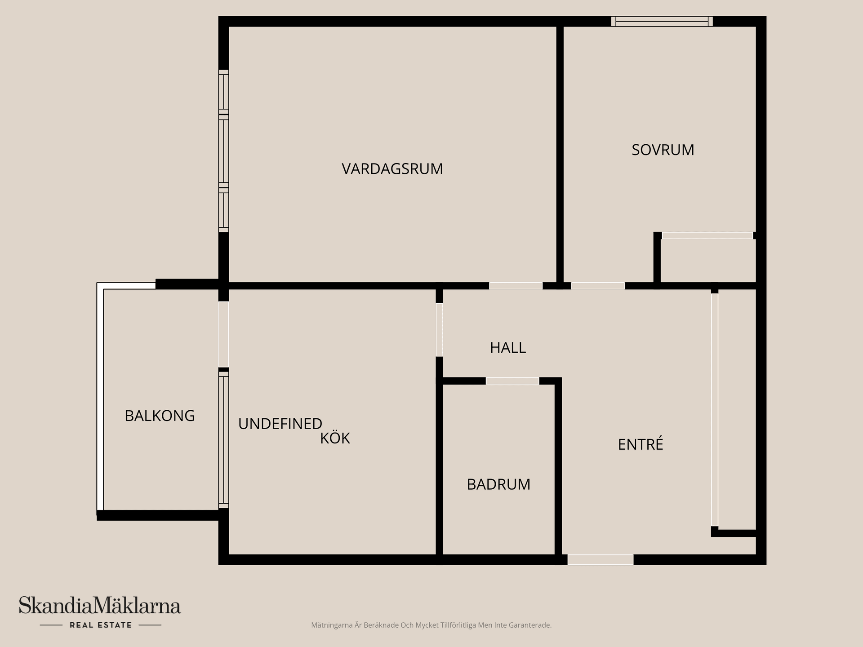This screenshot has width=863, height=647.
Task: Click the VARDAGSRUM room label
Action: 392,169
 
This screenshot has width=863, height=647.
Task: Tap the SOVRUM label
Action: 663,150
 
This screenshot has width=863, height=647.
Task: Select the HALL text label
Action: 507,348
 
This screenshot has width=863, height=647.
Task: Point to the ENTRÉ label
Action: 640,444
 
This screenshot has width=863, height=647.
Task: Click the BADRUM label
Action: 498,484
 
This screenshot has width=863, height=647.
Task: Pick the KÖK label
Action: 335,439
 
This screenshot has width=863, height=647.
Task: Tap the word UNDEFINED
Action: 280,424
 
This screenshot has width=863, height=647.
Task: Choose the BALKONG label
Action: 160,416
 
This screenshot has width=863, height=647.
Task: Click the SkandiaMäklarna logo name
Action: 100,605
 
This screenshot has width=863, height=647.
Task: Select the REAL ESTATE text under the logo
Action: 101,625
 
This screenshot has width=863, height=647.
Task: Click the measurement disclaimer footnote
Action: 431,625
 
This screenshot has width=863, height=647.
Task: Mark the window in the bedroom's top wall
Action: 662,21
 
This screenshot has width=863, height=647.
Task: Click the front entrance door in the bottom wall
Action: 600,559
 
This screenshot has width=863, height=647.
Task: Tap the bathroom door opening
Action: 512,381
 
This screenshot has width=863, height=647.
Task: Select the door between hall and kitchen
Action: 440,330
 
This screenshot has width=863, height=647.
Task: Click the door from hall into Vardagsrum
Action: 516,286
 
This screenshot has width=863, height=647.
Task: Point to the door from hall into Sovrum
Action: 598,286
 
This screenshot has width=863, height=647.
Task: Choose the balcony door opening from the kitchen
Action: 223,334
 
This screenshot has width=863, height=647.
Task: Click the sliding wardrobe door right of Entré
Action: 715,409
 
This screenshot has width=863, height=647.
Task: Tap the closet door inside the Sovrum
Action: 707,235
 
